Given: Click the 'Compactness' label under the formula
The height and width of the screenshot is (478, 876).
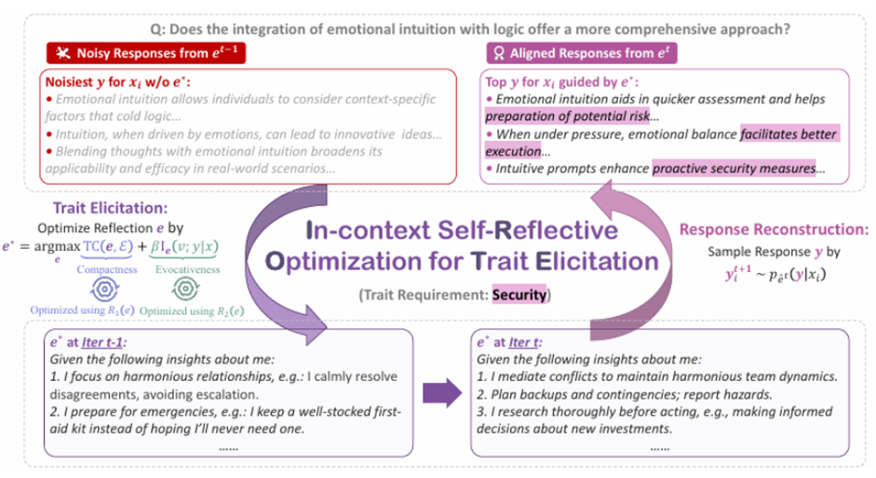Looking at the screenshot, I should tap(107, 268).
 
